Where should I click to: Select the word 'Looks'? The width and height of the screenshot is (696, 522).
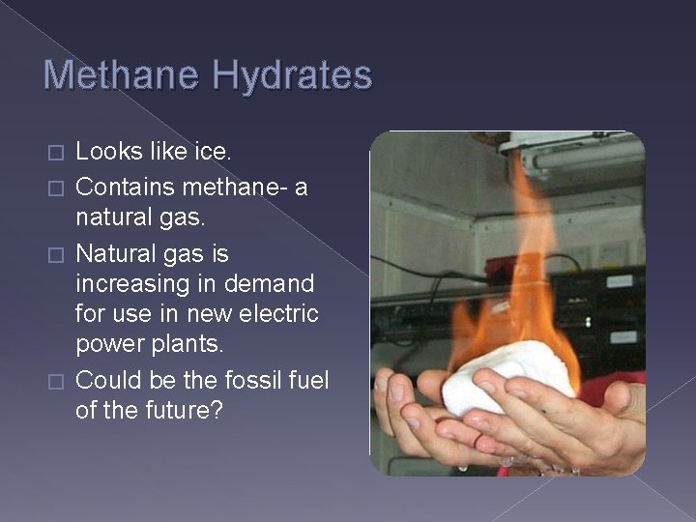[106, 152]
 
